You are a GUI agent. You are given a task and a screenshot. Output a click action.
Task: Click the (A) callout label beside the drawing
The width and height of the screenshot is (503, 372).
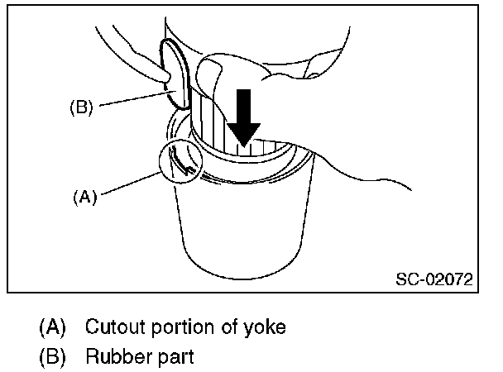point(86,198)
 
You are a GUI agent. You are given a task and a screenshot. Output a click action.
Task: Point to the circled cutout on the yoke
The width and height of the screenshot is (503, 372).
point(182,160)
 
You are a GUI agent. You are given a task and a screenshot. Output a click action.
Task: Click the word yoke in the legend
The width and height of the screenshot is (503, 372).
point(266,327)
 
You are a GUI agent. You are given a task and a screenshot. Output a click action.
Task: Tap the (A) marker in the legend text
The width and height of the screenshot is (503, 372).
point(52,327)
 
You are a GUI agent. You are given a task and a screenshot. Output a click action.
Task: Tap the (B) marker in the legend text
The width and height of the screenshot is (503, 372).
point(52,358)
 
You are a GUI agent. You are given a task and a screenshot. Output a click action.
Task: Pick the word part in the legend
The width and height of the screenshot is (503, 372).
point(175,358)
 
